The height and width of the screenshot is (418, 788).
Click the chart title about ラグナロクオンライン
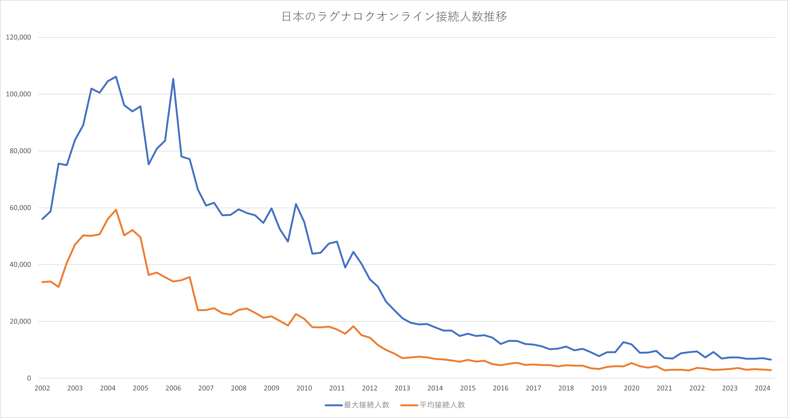(394, 17)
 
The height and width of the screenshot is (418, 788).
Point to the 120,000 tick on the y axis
(18, 37)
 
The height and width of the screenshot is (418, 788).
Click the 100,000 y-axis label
(18, 94)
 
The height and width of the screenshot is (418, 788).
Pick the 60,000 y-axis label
(20, 208)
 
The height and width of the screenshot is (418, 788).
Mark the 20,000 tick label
(20, 321)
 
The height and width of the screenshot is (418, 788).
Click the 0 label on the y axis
(29, 378)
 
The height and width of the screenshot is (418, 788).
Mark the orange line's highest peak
(116, 210)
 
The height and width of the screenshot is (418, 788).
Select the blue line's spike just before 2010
(296, 204)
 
